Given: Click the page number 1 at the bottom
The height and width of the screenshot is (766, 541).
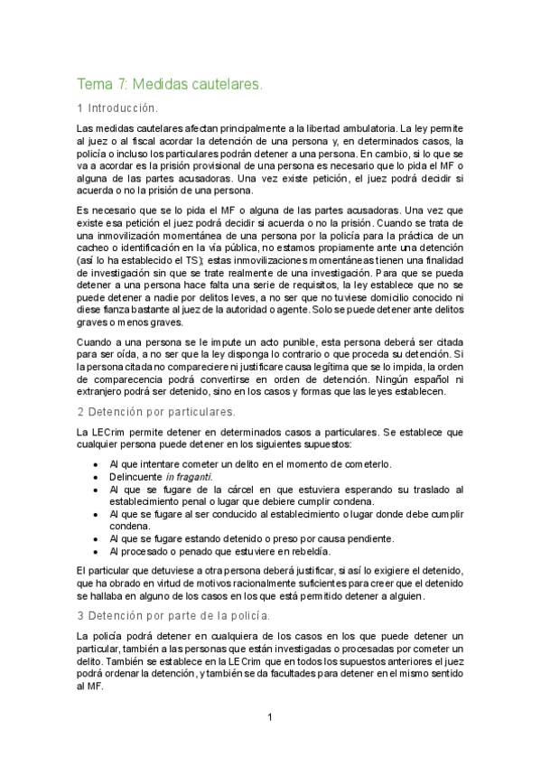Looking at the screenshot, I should (x=269, y=718).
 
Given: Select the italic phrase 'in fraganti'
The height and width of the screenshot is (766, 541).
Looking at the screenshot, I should (x=188, y=477).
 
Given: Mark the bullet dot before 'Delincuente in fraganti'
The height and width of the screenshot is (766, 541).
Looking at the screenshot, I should (x=96, y=477).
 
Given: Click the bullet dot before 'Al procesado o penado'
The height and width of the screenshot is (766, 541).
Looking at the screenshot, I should (x=96, y=551).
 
